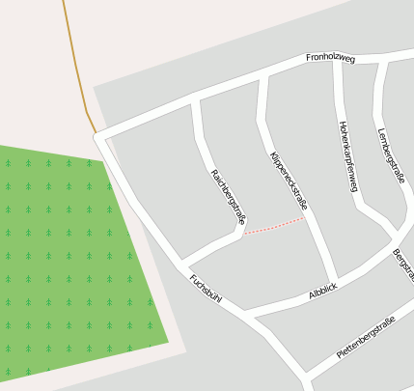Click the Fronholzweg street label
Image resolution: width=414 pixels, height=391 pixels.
tap(330, 59)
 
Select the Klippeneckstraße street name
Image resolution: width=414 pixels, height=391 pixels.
tap(289, 181)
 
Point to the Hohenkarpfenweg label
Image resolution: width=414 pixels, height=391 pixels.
tap(348, 155)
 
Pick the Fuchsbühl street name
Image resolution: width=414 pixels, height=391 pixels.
tap(206, 289)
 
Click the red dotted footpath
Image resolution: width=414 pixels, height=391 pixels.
tap(273, 226)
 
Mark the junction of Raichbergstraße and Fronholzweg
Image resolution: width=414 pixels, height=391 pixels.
tap(196, 98)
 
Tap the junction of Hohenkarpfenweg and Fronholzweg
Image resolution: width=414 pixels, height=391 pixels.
tap(336, 64)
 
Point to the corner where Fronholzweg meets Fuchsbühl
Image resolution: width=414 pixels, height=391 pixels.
tap(100, 137)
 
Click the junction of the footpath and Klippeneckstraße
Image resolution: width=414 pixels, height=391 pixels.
tap(306, 218)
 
